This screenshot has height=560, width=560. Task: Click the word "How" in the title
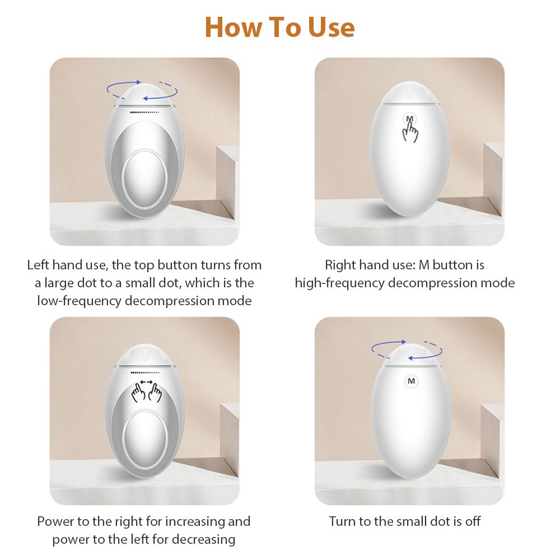(234, 27)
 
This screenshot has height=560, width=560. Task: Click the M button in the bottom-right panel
(411, 381)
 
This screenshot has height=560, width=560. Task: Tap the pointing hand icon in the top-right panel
(410, 129)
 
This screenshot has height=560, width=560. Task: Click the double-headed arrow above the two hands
(146, 382)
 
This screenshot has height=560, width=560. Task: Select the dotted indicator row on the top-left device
(144, 112)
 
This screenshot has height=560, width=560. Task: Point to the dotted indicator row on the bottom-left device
(144, 372)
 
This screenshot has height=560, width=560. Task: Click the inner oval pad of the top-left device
(144, 179)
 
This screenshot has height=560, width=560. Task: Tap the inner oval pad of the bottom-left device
(144, 439)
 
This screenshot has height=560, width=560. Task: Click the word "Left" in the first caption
(38, 265)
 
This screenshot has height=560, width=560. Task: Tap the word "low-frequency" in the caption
(80, 301)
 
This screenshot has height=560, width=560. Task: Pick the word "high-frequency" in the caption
(340, 283)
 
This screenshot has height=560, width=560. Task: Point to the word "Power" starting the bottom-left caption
(55, 521)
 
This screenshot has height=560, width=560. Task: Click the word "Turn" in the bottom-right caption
(343, 521)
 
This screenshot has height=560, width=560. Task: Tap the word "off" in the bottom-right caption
(473, 521)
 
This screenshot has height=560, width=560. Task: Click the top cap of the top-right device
(410, 92)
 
